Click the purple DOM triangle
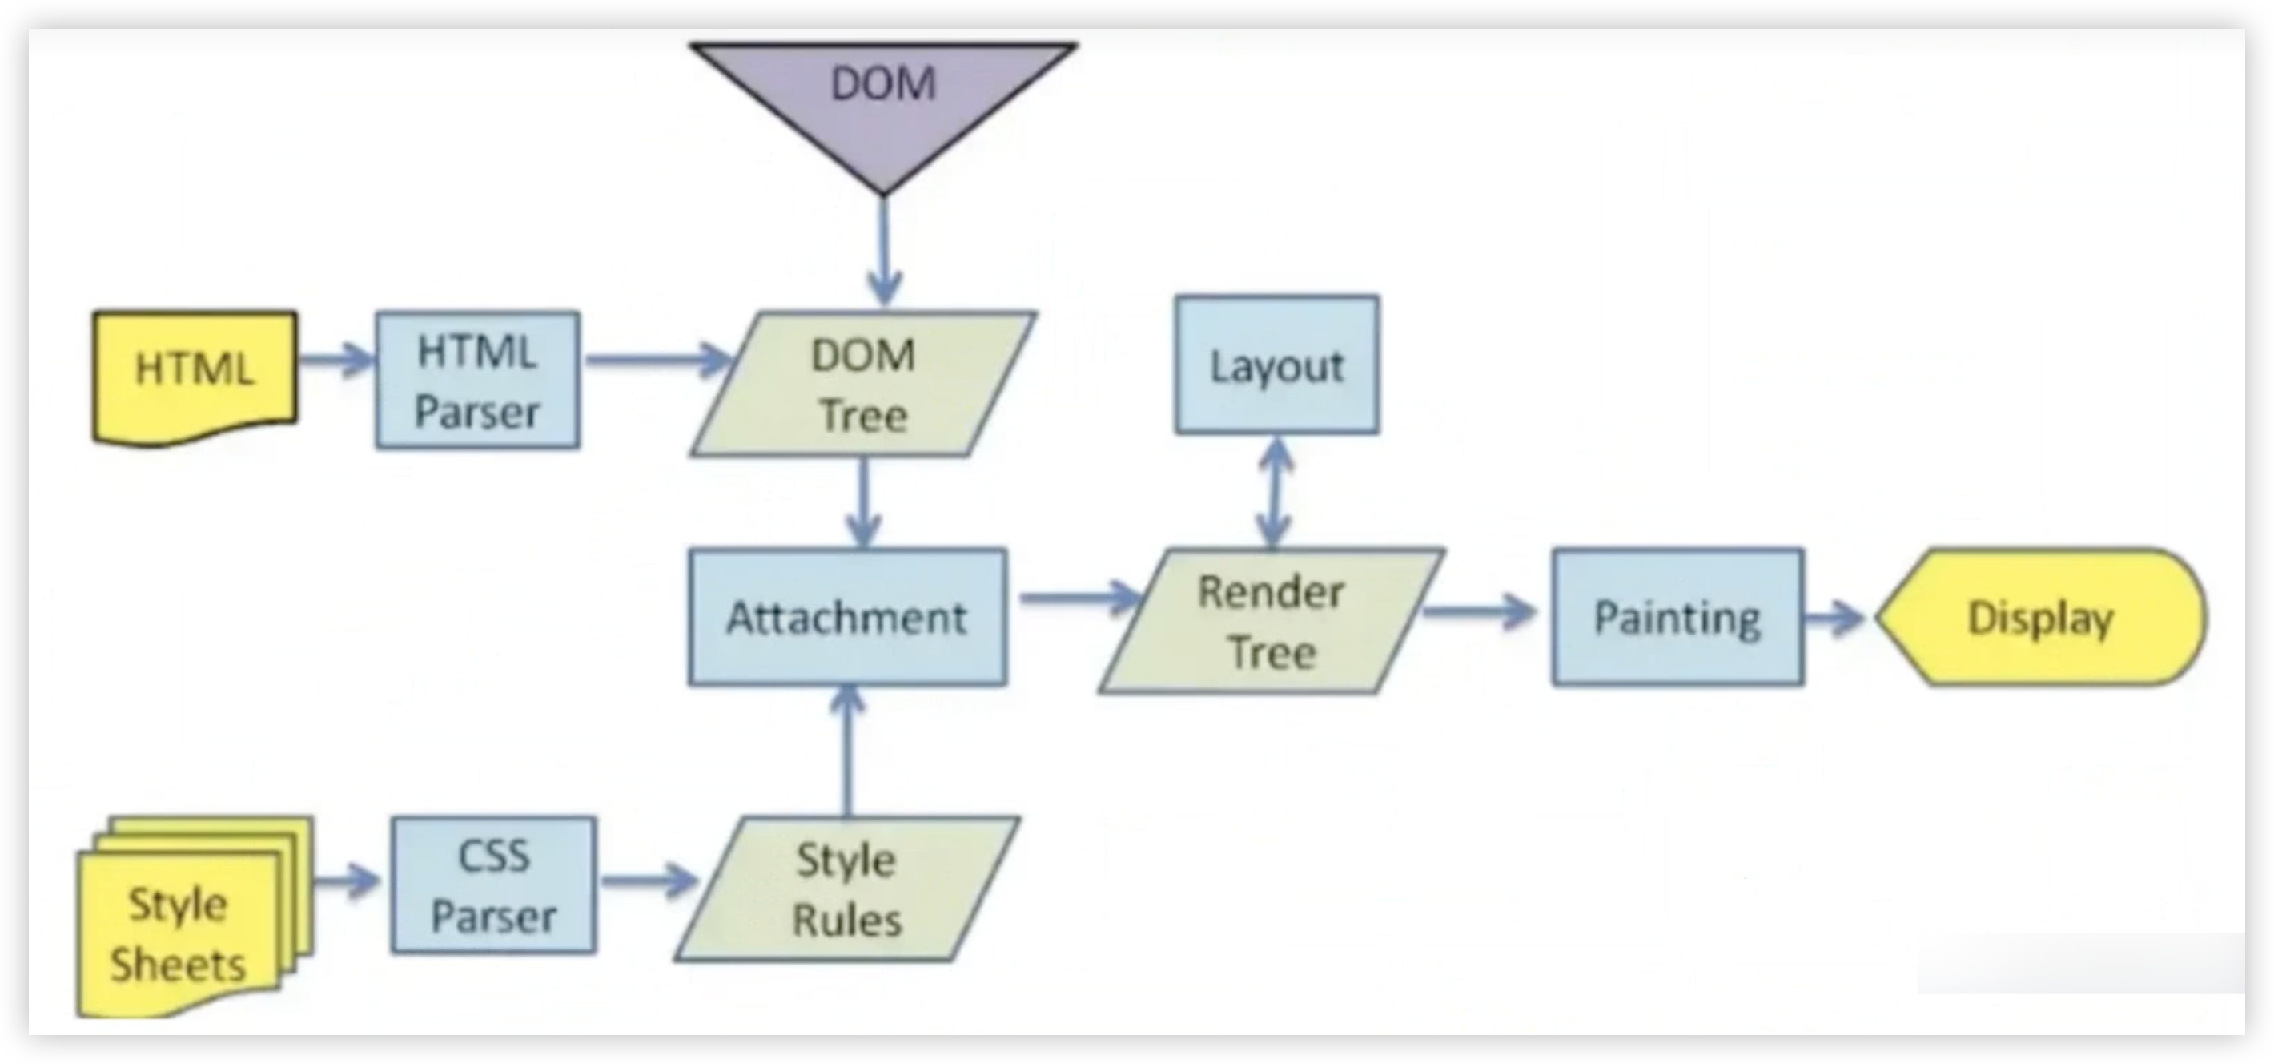(x=882, y=97)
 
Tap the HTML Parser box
(x=477, y=381)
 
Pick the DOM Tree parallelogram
(x=863, y=384)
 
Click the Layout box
(x=1276, y=365)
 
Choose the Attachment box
(x=847, y=617)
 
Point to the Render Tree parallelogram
(x=1272, y=621)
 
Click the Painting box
(x=1677, y=617)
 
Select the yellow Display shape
(x=2039, y=617)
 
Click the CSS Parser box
(x=493, y=885)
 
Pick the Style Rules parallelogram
(x=846, y=889)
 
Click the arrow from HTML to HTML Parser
(x=336, y=360)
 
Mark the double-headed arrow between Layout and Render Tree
(x=1275, y=492)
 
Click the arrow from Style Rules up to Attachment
(x=847, y=751)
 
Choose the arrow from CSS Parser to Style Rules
(x=649, y=881)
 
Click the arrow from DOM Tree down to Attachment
(x=862, y=503)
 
